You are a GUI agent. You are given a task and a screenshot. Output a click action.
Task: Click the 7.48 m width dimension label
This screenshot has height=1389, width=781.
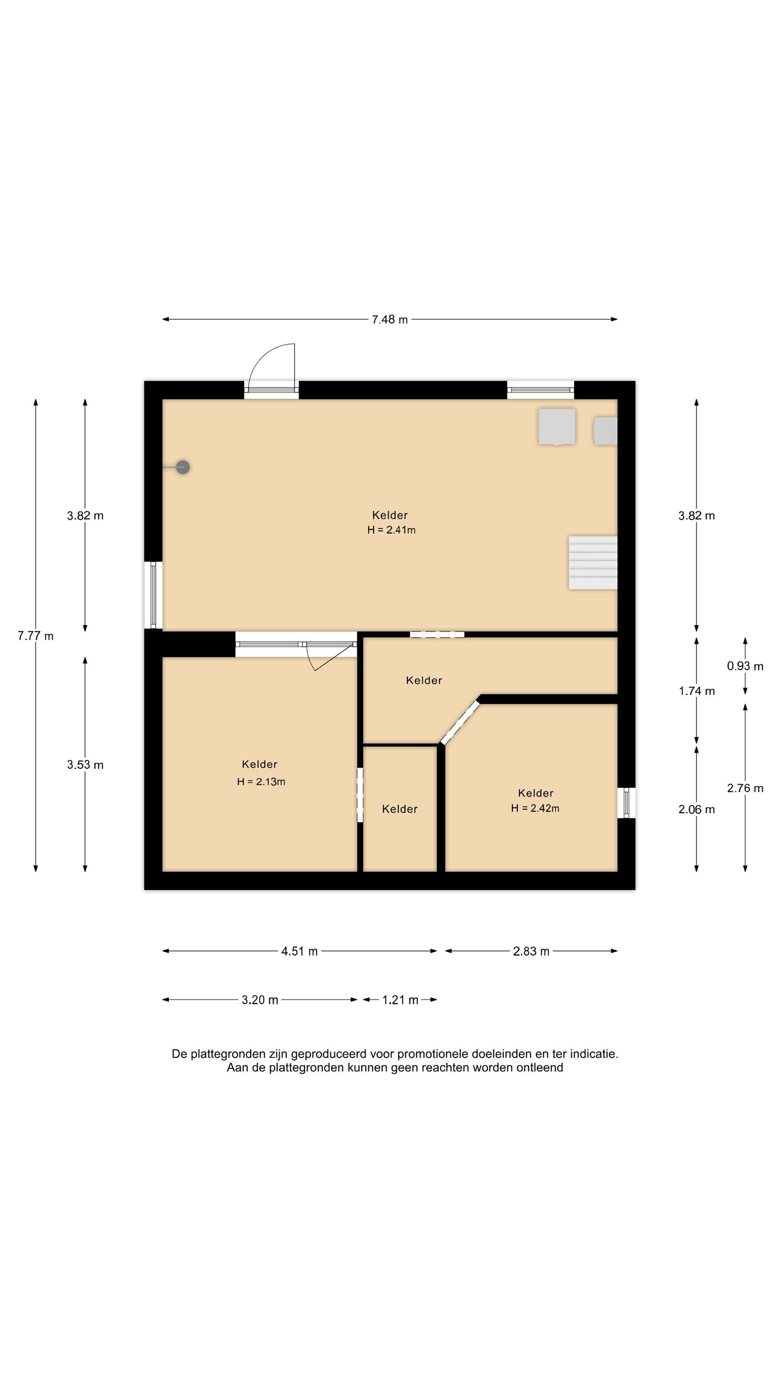(x=390, y=319)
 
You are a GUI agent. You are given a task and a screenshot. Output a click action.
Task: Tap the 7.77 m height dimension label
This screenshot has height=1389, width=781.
(x=36, y=636)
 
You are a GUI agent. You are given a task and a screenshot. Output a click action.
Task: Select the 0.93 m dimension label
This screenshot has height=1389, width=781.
(x=745, y=666)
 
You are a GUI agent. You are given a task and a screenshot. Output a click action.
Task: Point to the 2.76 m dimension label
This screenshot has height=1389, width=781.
(x=745, y=789)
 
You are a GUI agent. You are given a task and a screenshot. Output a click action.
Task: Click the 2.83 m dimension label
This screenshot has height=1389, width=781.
(x=531, y=951)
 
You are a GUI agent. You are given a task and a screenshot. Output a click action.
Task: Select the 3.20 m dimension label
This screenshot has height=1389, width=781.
(x=260, y=1000)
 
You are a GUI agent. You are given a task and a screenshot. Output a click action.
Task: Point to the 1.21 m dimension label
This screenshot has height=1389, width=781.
(x=400, y=1000)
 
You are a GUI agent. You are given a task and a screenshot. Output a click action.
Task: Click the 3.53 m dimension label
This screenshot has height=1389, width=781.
(x=85, y=764)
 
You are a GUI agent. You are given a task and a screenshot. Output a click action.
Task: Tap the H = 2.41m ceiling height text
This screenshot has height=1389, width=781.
(x=391, y=530)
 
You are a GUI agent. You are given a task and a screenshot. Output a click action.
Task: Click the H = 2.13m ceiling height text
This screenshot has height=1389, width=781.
(x=261, y=782)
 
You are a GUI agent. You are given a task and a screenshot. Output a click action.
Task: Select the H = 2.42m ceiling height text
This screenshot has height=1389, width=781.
(x=535, y=808)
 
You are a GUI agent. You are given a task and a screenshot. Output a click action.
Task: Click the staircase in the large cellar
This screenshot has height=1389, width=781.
(x=593, y=562)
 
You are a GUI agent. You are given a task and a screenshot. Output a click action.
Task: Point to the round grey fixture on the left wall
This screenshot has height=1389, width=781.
(x=183, y=467)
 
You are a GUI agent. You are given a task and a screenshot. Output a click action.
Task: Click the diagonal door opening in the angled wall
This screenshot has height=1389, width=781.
(x=460, y=722)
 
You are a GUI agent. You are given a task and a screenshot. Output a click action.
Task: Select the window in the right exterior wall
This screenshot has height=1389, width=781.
(x=626, y=803)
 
